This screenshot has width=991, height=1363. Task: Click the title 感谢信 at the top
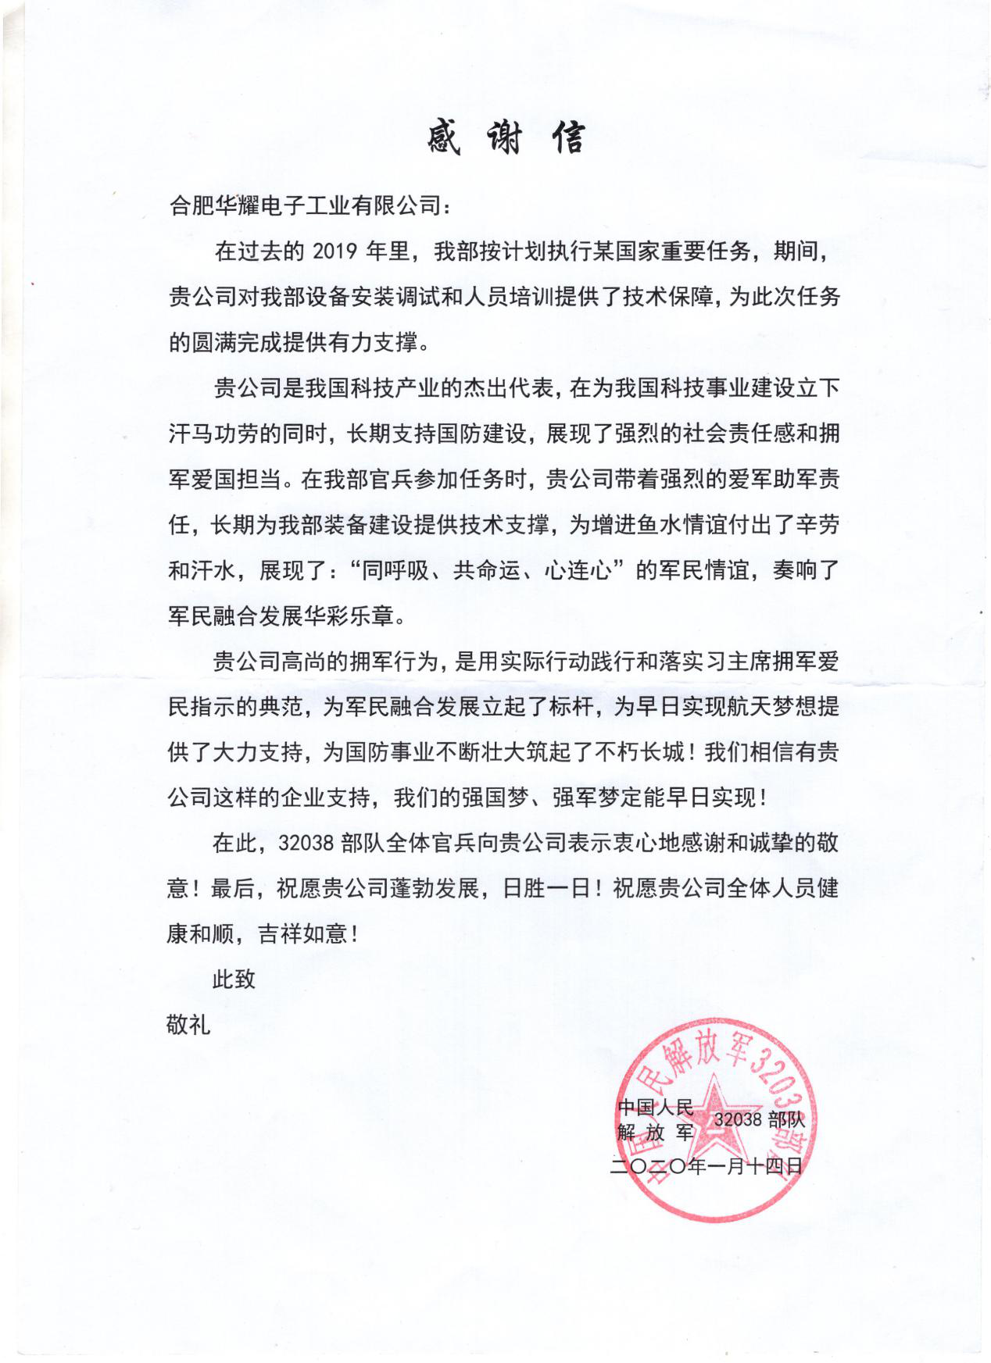[506, 138]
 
